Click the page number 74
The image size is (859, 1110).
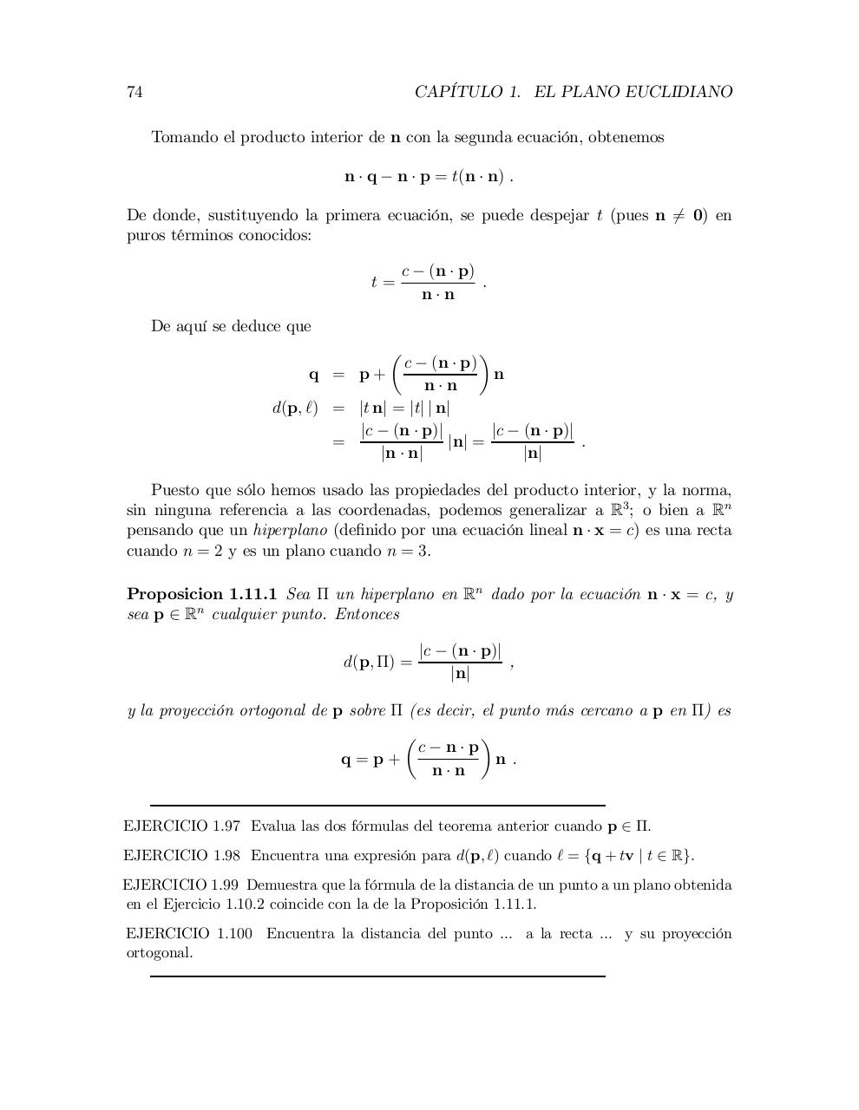pyautogui.click(x=134, y=92)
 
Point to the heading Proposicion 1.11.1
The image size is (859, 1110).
pyautogui.click(x=201, y=594)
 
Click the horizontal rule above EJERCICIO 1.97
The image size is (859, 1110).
pyautogui.click(x=377, y=806)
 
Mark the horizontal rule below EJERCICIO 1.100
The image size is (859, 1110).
pyautogui.click(x=377, y=976)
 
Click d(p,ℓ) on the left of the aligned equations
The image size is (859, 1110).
pyautogui.click(x=295, y=408)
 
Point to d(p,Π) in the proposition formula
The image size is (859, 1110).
pyautogui.click(x=369, y=663)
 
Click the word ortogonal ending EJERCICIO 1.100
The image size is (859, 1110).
pyautogui.click(x=159, y=953)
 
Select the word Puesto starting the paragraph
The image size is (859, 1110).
pyautogui.click(x=175, y=491)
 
